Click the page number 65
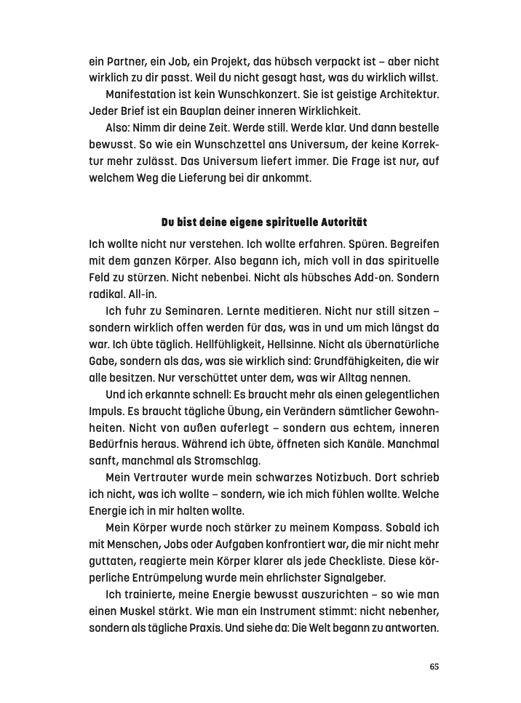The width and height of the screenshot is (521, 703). coord(434,667)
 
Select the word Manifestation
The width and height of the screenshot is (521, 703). coord(142,95)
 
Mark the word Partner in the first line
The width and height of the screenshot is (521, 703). coord(119,62)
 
